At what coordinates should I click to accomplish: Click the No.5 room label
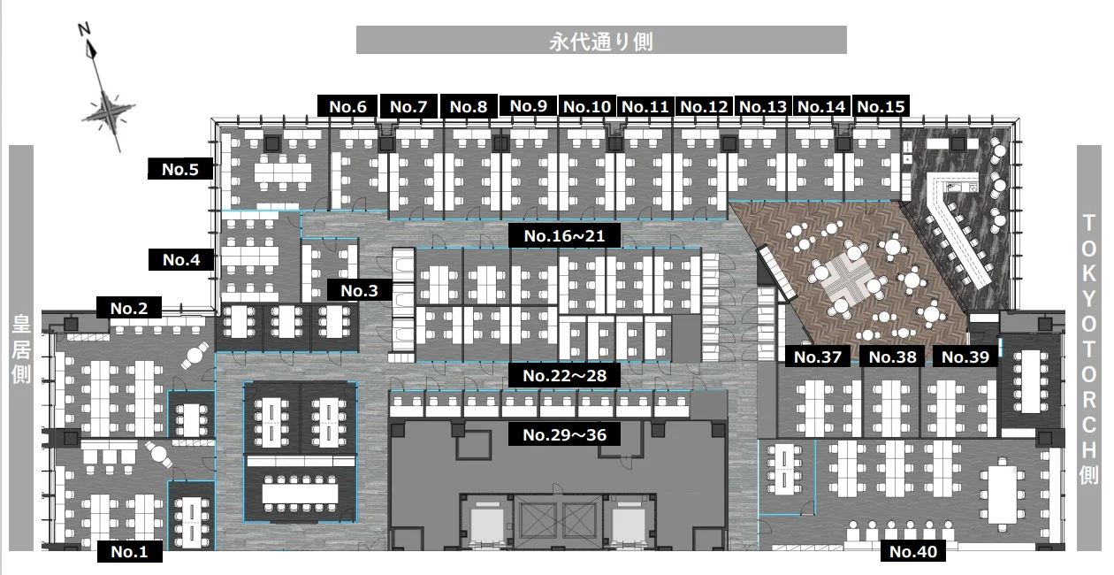[180, 169]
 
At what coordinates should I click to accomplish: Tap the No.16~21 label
[564, 235]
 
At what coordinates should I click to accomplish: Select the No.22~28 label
[564, 375]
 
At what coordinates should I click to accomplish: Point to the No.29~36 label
[564, 434]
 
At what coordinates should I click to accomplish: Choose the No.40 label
[912, 551]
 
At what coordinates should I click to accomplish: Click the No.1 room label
[129, 551]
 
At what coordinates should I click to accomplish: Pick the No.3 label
[359, 290]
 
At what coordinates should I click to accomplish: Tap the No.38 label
[892, 356]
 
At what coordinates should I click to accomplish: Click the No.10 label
[587, 106]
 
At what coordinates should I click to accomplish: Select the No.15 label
[881, 106]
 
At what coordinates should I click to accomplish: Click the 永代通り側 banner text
[601, 42]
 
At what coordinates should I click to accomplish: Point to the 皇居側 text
[21, 349]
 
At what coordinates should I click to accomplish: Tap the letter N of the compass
[84, 29]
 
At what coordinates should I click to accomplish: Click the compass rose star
[109, 112]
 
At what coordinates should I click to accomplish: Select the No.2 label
[129, 308]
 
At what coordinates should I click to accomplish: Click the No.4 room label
[181, 259]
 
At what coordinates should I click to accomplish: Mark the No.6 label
[347, 106]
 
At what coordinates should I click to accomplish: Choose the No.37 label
[818, 356]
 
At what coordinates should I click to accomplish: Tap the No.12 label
[704, 106]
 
